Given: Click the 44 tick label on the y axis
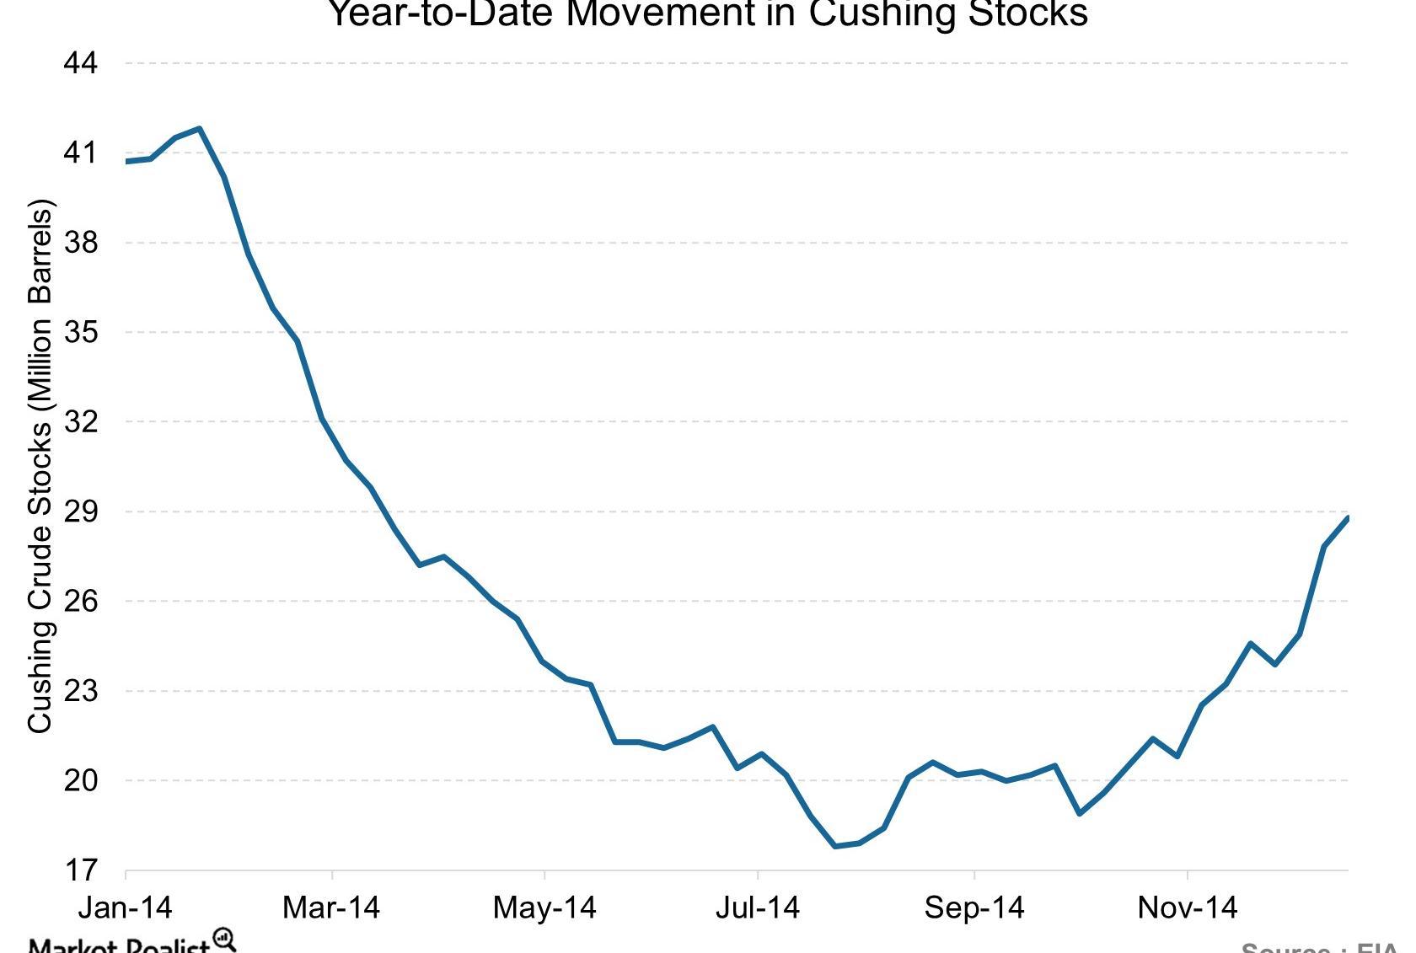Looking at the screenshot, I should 80,63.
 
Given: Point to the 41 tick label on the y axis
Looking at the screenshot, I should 80,153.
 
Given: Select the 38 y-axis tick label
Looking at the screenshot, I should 80,243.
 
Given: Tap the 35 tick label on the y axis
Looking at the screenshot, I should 80,332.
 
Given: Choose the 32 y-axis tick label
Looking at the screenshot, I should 80,421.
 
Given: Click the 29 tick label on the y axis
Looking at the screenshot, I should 80,511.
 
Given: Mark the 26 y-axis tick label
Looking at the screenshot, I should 80,601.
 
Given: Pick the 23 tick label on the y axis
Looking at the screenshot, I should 80,691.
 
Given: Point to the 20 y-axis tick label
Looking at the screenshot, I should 80,780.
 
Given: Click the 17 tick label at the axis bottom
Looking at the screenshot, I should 80,870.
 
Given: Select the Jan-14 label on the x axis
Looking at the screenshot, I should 125,907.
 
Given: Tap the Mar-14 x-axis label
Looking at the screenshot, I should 331,907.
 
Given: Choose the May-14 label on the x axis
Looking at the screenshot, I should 544,907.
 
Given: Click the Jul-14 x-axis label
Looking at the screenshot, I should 758,907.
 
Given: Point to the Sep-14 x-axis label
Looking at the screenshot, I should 973,907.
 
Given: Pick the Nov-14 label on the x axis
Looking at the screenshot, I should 1187,907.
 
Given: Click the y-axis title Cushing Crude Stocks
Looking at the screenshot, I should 40,466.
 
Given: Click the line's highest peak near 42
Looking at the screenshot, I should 200,129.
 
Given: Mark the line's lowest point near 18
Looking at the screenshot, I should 834,846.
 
